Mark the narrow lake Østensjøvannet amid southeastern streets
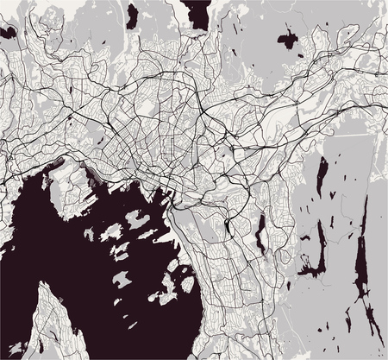(x=258, y=230)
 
